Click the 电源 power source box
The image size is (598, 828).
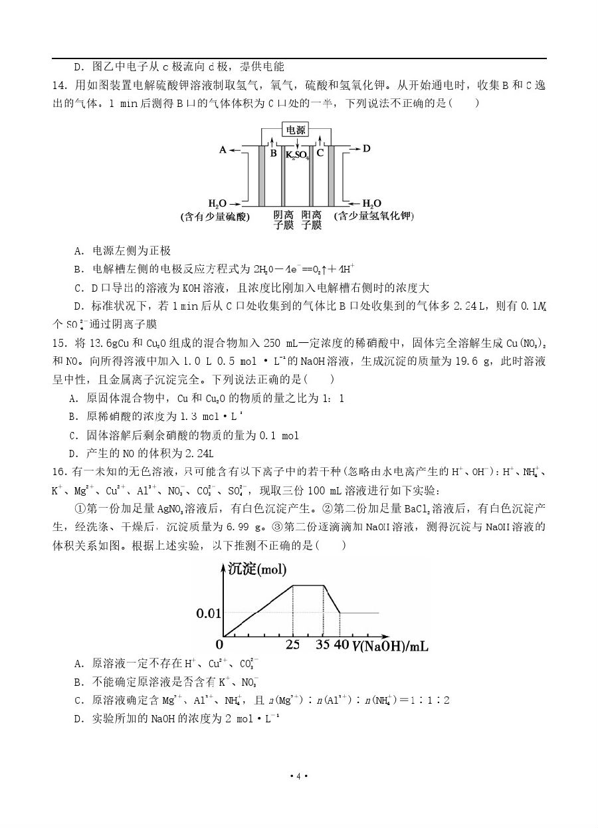[297, 130]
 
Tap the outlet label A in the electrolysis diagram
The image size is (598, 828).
[223, 150]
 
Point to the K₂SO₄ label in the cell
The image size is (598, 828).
[297, 155]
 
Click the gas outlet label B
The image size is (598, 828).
[273, 153]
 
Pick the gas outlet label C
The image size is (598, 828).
[320, 153]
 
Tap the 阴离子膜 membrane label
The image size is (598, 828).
[284, 220]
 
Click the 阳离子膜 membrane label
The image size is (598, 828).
[312, 220]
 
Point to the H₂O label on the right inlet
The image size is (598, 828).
[371, 203]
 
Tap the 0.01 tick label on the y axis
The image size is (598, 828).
[209, 613]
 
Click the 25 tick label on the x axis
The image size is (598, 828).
[292, 645]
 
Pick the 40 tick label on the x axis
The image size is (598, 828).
[340, 645]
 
